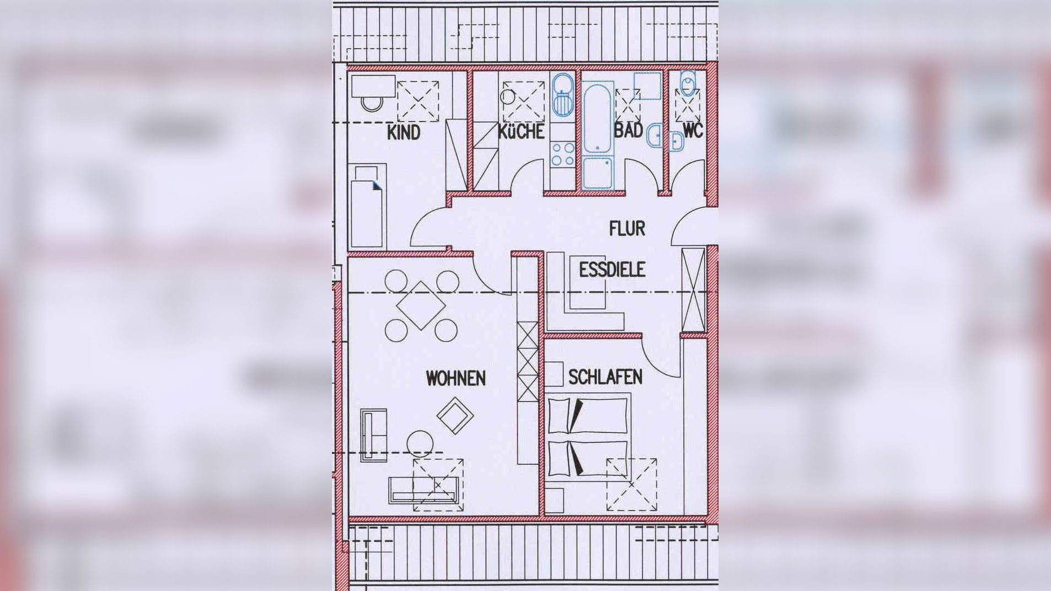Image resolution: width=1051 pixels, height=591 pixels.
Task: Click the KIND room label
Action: point(404,132)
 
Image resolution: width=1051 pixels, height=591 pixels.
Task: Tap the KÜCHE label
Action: point(521,131)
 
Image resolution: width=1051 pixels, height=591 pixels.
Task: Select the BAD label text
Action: point(629,131)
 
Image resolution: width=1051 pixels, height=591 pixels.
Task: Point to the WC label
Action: point(693,131)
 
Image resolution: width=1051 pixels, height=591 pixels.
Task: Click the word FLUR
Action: point(627,228)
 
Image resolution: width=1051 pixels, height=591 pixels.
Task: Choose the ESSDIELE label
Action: point(612,270)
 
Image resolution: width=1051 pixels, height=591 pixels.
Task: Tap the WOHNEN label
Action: point(455,378)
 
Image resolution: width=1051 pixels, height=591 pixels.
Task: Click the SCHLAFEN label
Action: point(605,377)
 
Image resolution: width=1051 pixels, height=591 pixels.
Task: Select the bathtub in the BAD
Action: point(598,118)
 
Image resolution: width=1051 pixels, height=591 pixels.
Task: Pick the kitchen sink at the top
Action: point(563,95)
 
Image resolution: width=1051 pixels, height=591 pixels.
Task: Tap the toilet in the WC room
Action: point(688,84)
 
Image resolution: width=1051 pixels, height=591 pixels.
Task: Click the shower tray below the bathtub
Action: point(598,173)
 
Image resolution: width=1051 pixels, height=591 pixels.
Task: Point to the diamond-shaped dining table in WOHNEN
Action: point(421,305)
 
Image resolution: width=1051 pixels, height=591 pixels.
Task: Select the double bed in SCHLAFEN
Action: point(588,436)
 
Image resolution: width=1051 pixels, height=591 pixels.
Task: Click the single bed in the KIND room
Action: point(368,206)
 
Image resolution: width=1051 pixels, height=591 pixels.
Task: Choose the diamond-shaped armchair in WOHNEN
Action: point(455,416)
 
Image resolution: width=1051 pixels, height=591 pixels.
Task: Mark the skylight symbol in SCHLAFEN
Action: point(632,485)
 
